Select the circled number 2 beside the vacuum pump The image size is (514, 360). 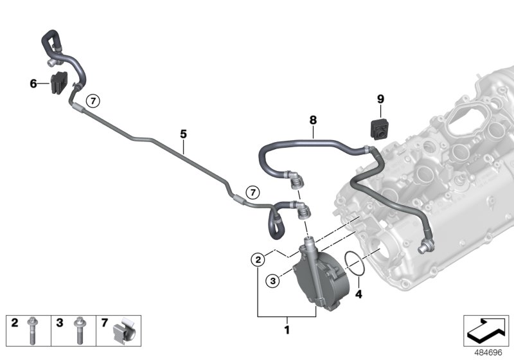pyautogui.click(x=257, y=260)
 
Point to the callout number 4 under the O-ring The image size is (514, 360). pyautogui.click(x=359, y=296)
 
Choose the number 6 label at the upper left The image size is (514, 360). pyautogui.click(x=33, y=84)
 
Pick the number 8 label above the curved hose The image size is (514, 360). pyautogui.click(x=313, y=120)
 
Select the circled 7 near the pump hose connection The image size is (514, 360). pyautogui.click(x=252, y=192)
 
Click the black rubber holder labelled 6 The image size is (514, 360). pyautogui.click(x=60, y=84)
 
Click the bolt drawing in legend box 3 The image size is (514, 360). pyautogui.click(x=79, y=332)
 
